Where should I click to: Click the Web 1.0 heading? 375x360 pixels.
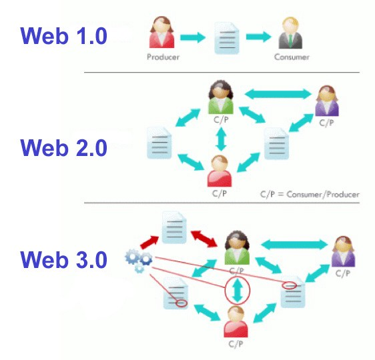click(x=63, y=36)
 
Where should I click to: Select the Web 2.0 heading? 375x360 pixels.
click(x=63, y=148)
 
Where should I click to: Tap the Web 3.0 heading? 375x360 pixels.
click(x=63, y=260)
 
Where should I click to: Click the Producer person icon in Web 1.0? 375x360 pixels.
click(x=161, y=32)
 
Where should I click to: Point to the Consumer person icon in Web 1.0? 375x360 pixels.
click(x=290, y=33)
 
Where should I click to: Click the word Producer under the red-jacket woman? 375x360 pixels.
click(x=163, y=57)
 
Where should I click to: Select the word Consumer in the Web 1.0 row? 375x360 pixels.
click(x=292, y=57)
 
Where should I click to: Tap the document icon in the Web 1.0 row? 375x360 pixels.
click(x=227, y=38)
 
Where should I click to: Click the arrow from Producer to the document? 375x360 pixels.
click(x=193, y=37)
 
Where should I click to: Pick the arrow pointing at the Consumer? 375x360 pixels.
click(x=259, y=37)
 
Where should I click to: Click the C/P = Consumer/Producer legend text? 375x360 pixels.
click(x=310, y=195)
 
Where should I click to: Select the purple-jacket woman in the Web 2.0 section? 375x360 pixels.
click(x=327, y=101)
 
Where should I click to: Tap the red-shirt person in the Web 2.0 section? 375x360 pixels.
click(x=220, y=171)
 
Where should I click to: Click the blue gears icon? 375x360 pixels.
click(x=139, y=261)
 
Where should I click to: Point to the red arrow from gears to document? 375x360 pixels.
click(x=149, y=242)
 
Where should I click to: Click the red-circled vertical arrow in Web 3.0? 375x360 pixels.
click(x=238, y=291)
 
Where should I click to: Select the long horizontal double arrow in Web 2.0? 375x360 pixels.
click(x=278, y=94)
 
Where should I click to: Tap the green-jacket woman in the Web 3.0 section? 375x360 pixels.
click(x=237, y=248)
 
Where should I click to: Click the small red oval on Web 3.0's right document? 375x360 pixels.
click(x=290, y=285)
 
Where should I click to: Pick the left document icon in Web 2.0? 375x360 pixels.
click(x=159, y=143)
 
